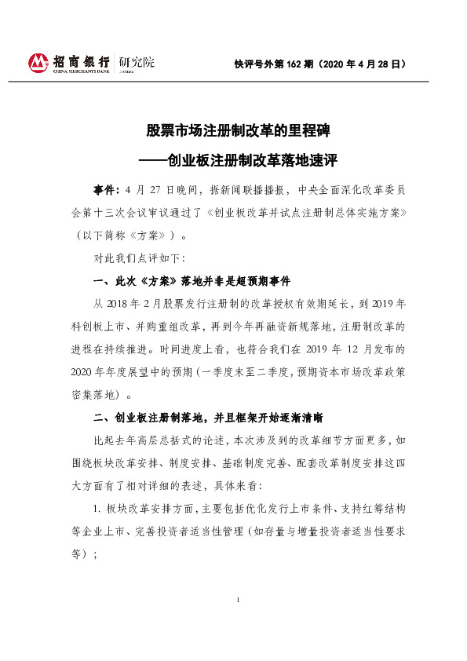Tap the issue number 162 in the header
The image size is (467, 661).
tap(301, 64)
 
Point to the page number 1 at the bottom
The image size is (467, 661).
tap(236, 600)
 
